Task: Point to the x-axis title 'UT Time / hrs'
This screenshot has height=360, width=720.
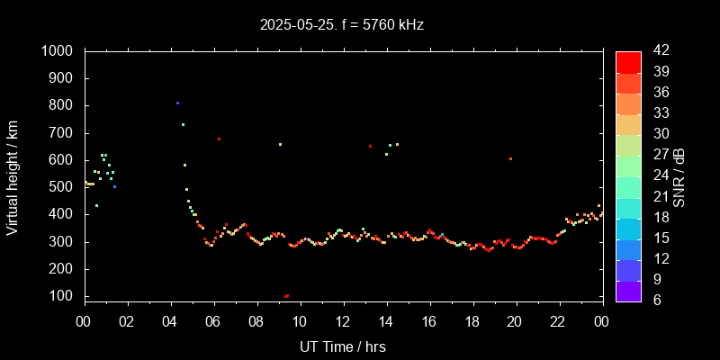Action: [x=343, y=346]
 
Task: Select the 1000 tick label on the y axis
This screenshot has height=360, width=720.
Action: [x=58, y=51]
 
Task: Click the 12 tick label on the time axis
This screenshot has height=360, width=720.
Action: [x=343, y=321]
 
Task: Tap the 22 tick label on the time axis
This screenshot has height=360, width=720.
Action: [x=558, y=321]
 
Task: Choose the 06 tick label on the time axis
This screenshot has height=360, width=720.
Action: [x=213, y=321]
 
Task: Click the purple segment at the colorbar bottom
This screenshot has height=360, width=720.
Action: [x=628, y=291]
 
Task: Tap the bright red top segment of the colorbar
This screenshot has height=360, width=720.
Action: [x=628, y=61]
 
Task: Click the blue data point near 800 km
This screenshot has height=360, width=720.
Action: [x=177, y=103]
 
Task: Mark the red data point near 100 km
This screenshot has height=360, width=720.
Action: [x=286, y=296]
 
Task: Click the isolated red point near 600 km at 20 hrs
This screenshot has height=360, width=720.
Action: [x=510, y=159]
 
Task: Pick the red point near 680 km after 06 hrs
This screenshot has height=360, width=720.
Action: [x=219, y=139]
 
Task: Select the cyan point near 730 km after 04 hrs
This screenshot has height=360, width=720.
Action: [x=183, y=125]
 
